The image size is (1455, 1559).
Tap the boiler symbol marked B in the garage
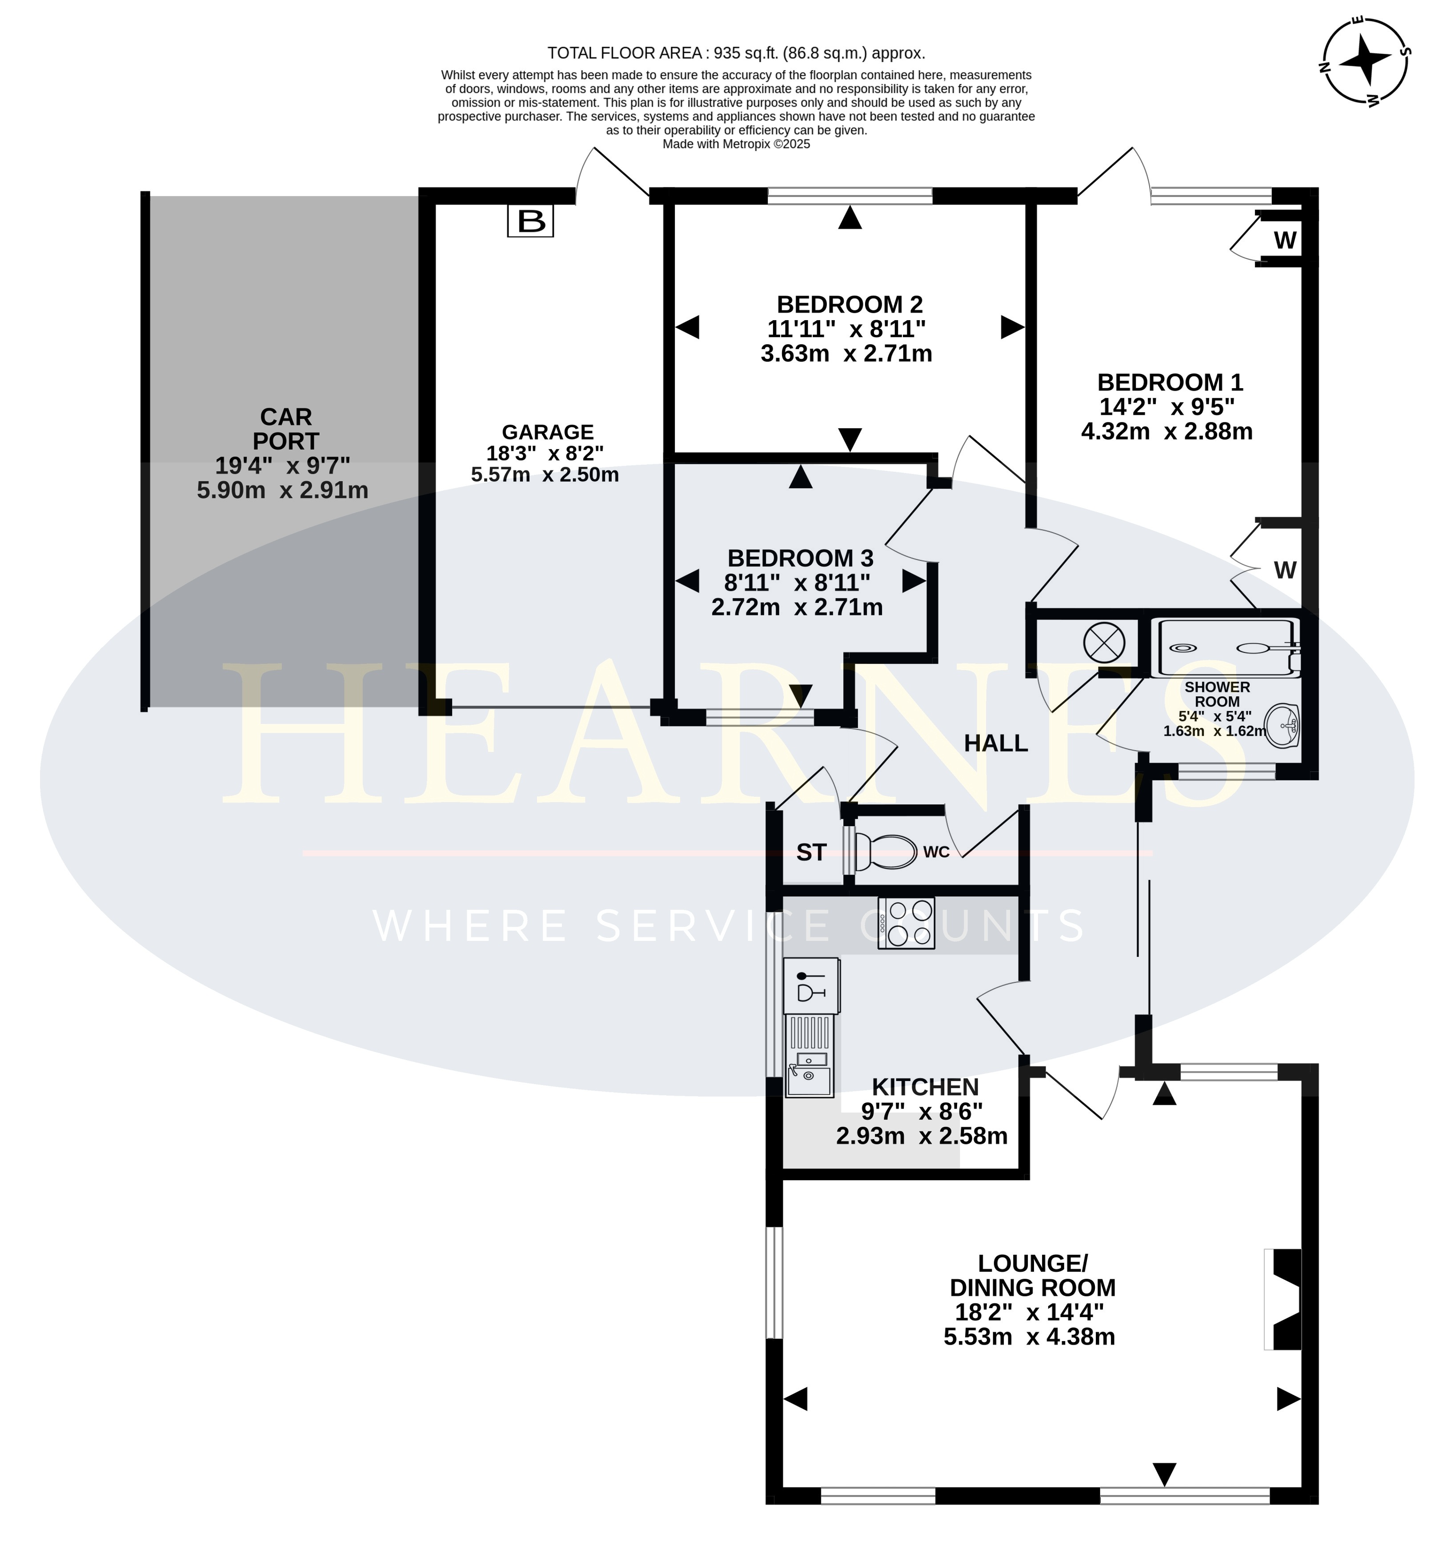(531, 221)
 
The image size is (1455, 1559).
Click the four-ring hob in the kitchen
(906, 922)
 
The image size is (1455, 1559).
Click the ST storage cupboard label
(811, 852)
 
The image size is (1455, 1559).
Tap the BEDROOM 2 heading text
(850, 304)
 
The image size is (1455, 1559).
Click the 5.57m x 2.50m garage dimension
(545, 474)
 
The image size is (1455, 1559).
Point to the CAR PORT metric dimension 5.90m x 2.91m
(282, 490)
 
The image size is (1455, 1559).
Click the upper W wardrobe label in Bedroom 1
(1285, 240)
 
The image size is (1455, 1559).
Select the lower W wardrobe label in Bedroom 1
(1285, 570)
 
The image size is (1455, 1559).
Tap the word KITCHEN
(925, 1087)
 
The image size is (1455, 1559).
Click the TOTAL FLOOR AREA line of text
(736, 53)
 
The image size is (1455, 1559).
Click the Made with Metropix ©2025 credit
(736, 144)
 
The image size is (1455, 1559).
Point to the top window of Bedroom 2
(850, 196)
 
